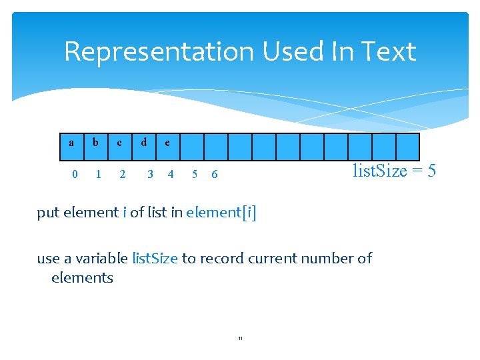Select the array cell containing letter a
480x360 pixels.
point(72,147)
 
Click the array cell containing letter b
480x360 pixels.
point(96,147)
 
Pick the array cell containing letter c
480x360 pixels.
point(120,147)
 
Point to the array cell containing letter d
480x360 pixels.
point(144,147)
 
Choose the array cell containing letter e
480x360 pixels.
point(167,147)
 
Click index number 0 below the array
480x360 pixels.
point(75,175)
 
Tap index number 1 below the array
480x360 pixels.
point(99,175)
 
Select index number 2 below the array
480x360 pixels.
point(122,175)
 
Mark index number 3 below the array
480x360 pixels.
point(150,175)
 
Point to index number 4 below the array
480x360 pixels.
point(171,175)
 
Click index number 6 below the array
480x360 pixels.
point(214,175)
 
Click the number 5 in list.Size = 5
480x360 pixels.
point(431,171)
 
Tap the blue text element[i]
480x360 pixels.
point(221,213)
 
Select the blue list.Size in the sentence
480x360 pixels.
point(155,258)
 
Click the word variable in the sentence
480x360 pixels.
point(103,258)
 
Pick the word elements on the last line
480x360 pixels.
point(82,277)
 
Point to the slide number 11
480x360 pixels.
point(240,339)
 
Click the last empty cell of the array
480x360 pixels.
point(407,147)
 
